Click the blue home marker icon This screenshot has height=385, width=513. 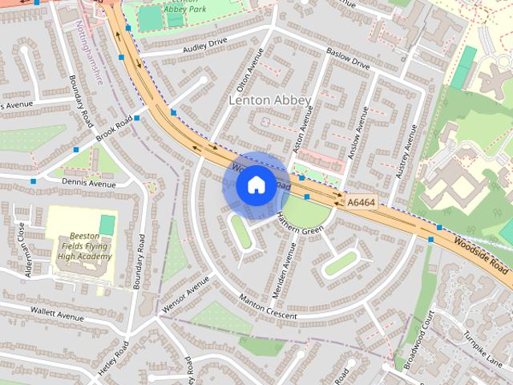[255, 185]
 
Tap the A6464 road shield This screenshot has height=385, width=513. [362, 204]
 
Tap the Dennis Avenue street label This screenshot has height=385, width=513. [88, 183]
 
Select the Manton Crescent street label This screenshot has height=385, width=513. [268, 307]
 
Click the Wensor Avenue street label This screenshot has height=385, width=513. [185, 294]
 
